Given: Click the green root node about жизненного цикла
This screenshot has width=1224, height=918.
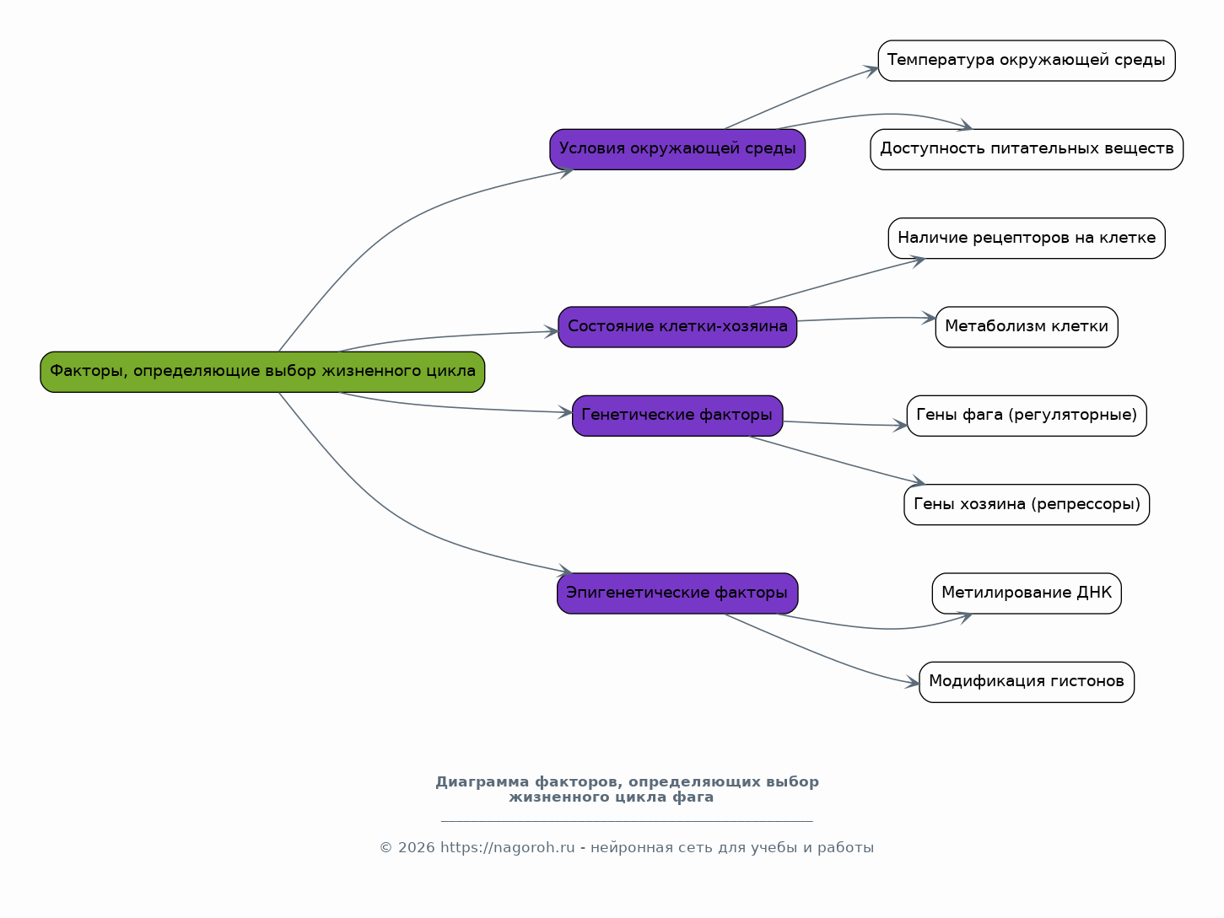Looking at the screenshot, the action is coord(262,372).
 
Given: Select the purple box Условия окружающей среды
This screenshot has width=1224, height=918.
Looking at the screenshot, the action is coord(677,149).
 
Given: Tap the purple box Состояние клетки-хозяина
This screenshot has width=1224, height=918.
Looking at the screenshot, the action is coord(677,327).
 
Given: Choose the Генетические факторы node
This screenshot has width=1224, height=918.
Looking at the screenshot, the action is coord(677,416).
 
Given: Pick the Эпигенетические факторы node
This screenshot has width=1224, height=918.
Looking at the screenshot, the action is coord(677,593).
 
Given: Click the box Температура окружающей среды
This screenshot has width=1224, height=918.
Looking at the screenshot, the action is coord(1026,61).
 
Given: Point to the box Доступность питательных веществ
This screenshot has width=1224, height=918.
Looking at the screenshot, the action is coord(1026,149).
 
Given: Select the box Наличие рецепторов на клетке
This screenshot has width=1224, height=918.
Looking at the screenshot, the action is coord(1026,239).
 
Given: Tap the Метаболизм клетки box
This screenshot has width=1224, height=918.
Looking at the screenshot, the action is coord(1026,327).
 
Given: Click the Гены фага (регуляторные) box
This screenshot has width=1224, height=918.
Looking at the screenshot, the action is coord(1026,416).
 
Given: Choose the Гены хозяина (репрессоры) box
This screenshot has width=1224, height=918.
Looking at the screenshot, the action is coord(1026,505).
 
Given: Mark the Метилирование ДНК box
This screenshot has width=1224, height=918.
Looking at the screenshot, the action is coord(1026,593).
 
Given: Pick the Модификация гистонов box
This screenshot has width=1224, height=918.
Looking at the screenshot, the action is coord(1026,682).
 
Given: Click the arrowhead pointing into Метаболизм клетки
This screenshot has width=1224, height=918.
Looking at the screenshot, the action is coord(929,318).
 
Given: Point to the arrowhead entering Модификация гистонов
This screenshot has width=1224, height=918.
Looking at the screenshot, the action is coord(912,682).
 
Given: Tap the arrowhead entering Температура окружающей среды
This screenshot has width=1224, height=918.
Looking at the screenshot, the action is coord(871,71).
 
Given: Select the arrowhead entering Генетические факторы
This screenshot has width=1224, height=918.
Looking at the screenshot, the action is coord(565,413).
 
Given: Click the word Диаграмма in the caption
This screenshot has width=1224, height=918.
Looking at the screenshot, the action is coord(482,782).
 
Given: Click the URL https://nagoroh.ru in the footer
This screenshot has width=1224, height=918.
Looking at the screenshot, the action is coord(508,848).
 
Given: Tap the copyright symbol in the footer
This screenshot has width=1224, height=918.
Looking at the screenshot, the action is coord(386,848).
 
